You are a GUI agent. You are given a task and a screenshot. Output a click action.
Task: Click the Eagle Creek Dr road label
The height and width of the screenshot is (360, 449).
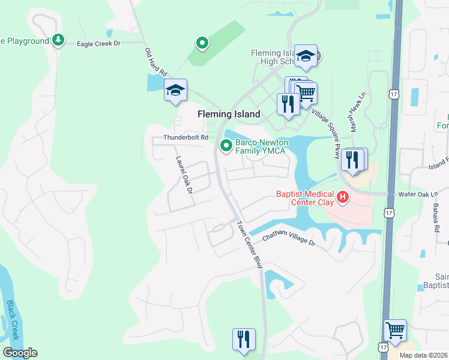tap(99, 43)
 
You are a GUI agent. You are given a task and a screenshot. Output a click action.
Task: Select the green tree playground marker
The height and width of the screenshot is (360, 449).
tap(58, 40)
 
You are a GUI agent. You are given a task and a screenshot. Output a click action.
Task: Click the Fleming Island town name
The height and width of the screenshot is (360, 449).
tap(229, 114)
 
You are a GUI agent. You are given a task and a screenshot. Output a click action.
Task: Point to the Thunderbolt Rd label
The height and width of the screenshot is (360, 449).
tap(185, 137)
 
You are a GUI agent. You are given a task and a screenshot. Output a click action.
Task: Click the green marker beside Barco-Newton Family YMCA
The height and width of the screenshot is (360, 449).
tap(226, 145)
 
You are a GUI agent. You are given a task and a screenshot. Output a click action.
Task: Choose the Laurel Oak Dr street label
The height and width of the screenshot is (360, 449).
tap(183, 175)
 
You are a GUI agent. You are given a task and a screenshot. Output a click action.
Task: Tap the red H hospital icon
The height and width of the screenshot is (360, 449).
tap(342, 196)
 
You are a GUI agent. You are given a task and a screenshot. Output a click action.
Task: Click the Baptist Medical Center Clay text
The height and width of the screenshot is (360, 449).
tap(304, 197)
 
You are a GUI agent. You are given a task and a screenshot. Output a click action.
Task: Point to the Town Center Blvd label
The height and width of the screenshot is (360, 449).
tap(250, 245)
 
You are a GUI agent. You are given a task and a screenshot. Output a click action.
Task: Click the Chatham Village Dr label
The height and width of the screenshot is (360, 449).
tap(288, 238)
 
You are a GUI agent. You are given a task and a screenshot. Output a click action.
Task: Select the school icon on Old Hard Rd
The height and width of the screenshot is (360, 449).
tap(175, 90)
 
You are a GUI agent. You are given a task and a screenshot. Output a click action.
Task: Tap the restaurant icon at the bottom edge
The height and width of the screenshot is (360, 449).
tap(244, 339)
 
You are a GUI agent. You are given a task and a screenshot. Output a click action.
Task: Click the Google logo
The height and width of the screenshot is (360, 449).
tap(20, 353)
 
